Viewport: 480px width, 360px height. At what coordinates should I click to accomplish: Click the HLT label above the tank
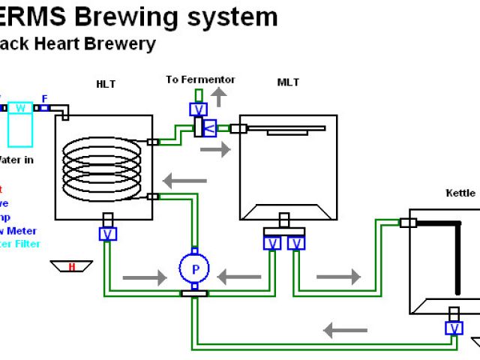pyautogui.click(x=106, y=84)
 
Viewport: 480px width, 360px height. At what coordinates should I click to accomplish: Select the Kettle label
pyautogui.click(x=460, y=193)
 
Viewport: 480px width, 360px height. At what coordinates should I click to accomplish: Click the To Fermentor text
pyautogui.click(x=200, y=79)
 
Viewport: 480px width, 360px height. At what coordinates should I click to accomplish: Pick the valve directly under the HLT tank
pyautogui.click(x=108, y=233)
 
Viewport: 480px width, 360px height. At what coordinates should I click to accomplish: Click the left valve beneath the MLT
pyautogui.click(x=272, y=242)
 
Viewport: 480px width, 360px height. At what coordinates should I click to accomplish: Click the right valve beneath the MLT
pyautogui.click(x=296, y=242)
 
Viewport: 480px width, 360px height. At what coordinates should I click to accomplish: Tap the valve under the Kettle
pyautogui.click(x=453, y=328)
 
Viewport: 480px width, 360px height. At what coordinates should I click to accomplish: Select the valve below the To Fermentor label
pyautogui.click(x=197, y=109)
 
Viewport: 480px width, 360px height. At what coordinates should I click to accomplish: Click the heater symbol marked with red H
pyautogui.click(x=72, y=266)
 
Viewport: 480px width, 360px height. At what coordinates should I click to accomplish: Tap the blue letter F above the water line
pyautogui.click(x=45, y=98)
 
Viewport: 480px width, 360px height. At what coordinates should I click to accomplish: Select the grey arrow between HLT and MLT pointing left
pyautogui.click(x=185, y=180)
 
